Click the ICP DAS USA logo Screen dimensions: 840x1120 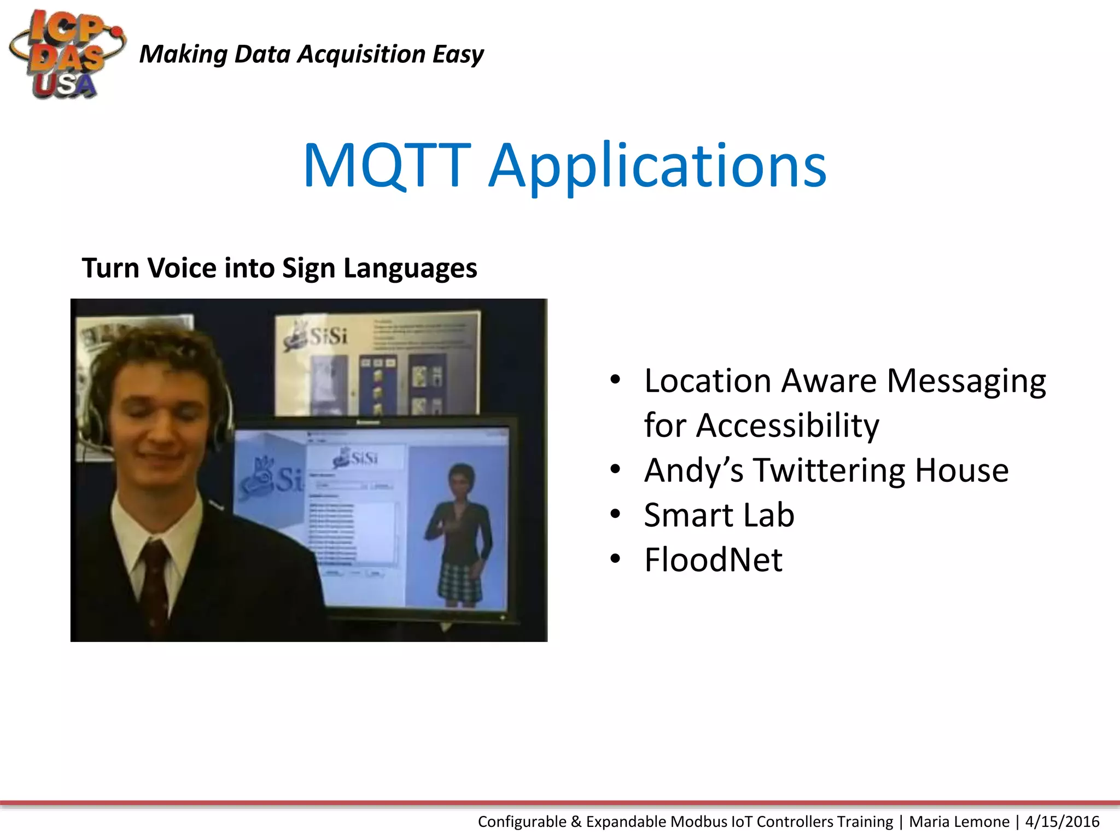pyautogui.click(x=66, y=55)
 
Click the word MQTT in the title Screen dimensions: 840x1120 pyautogui.click(x=387, y=165)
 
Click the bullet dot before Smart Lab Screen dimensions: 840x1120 pyautogui.click(x=615, y=514)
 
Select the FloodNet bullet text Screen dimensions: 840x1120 pyautogui.click(x=713, y=559)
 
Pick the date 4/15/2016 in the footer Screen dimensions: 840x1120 pyautogui.click(x=1062, y=821)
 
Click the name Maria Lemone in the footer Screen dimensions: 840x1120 pyautogui.click(x=959, y=821)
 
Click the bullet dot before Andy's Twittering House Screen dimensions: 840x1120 pyautogui.click(x=615, y=469)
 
